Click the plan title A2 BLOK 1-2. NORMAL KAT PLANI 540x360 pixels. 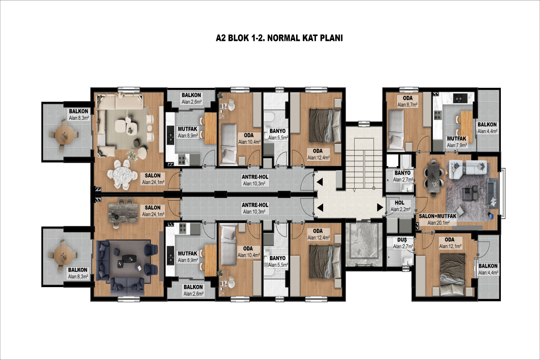click(279, 38)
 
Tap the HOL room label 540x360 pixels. click(400, 203)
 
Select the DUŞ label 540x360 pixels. click(402, 240)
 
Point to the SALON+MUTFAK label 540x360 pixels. click(438, 216)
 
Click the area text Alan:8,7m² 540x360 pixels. click(407, 105)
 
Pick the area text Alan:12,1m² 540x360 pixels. click(450, 247)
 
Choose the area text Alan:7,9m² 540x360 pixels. click(457, 145)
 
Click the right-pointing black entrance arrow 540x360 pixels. click(380, 207)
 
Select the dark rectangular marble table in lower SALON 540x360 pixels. click(123, 213)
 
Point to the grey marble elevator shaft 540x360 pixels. click(364, 244)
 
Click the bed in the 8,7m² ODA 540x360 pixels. click(396, 130)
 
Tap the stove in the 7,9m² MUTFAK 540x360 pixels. click(438, 115)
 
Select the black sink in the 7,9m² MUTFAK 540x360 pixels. click(460, 98)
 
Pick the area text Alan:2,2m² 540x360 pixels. click(400, 210)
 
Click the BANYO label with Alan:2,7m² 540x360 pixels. click(402, 173)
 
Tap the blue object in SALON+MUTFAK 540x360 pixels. click(491, 216)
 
